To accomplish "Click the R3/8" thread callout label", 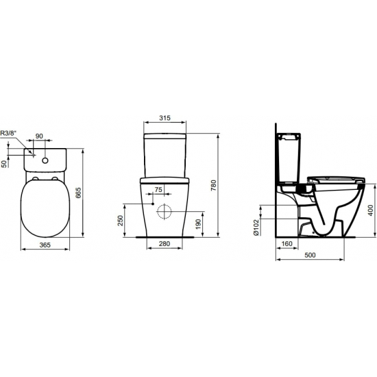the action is tap(9, 133).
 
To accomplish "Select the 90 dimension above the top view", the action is tap(39, 136).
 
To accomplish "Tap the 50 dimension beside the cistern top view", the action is tap(4, 164).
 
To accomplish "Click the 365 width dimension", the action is tap(45, 245).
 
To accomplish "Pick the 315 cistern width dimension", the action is tap(165, 118).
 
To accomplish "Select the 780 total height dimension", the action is tap(213, 185).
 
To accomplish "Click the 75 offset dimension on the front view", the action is tap(158, 190).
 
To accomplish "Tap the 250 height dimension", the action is tap(120, 220).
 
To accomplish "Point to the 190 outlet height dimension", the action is tap(198, 224).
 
